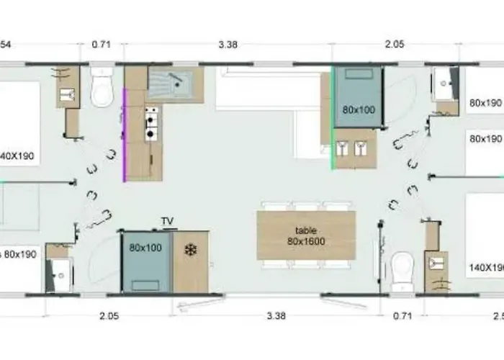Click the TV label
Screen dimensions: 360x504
click(x=167, y=221)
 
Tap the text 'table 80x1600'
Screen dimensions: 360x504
click(x=306, y=235)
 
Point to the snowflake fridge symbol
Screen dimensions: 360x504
click(x=191, y=250)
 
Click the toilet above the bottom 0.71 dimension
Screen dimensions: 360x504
click(x=402, y=269)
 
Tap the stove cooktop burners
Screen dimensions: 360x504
click(x=152, y=122)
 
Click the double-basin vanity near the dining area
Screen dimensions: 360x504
click(x=355, y=148)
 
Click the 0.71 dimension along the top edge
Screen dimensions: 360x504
click(x=100, y=45)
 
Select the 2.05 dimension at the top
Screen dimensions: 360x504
click(x=394, y=45)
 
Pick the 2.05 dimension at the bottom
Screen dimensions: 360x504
click(x=109, y=315)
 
